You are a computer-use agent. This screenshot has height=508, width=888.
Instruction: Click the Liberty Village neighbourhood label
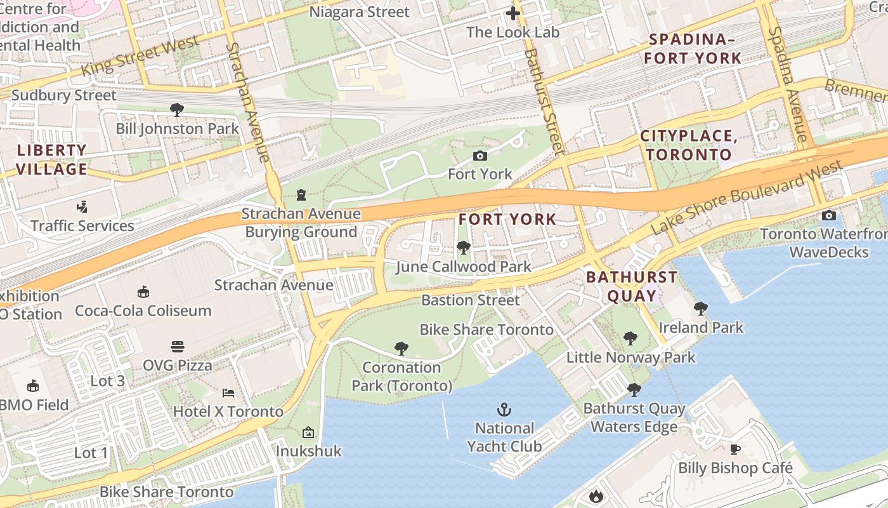click(51, 160)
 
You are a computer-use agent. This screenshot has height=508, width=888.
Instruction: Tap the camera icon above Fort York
click(480, 156)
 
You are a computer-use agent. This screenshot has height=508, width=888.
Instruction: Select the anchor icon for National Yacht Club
click(504, 410)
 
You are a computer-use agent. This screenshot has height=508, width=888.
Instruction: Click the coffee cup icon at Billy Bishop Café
click(735, 450)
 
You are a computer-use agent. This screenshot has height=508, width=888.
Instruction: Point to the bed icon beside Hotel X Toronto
click(228, 393)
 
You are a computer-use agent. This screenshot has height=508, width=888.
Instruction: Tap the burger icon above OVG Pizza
click(178, 347)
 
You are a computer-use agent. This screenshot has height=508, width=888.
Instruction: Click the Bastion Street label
click(470, 300)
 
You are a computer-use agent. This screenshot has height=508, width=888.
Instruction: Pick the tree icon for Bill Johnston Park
click(177, 110)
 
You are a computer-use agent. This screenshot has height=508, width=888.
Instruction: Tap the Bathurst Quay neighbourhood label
click(632, 286)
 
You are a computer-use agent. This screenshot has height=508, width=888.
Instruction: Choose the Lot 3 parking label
click(108, 381)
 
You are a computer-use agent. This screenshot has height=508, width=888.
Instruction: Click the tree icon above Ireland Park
click(701, 309)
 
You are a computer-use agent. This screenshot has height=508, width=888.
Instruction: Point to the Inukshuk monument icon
click(308, 432)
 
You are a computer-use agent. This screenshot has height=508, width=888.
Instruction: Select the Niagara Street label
click(359, 12)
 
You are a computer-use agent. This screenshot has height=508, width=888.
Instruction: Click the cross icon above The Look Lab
click(513, 13)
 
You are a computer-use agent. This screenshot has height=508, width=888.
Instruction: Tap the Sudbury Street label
click(64, 96)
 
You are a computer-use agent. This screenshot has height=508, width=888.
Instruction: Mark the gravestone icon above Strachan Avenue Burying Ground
click(301, 195)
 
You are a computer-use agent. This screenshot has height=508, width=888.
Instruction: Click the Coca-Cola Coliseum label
click(143, 311)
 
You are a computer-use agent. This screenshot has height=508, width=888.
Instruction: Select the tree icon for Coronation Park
click(401, 348)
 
